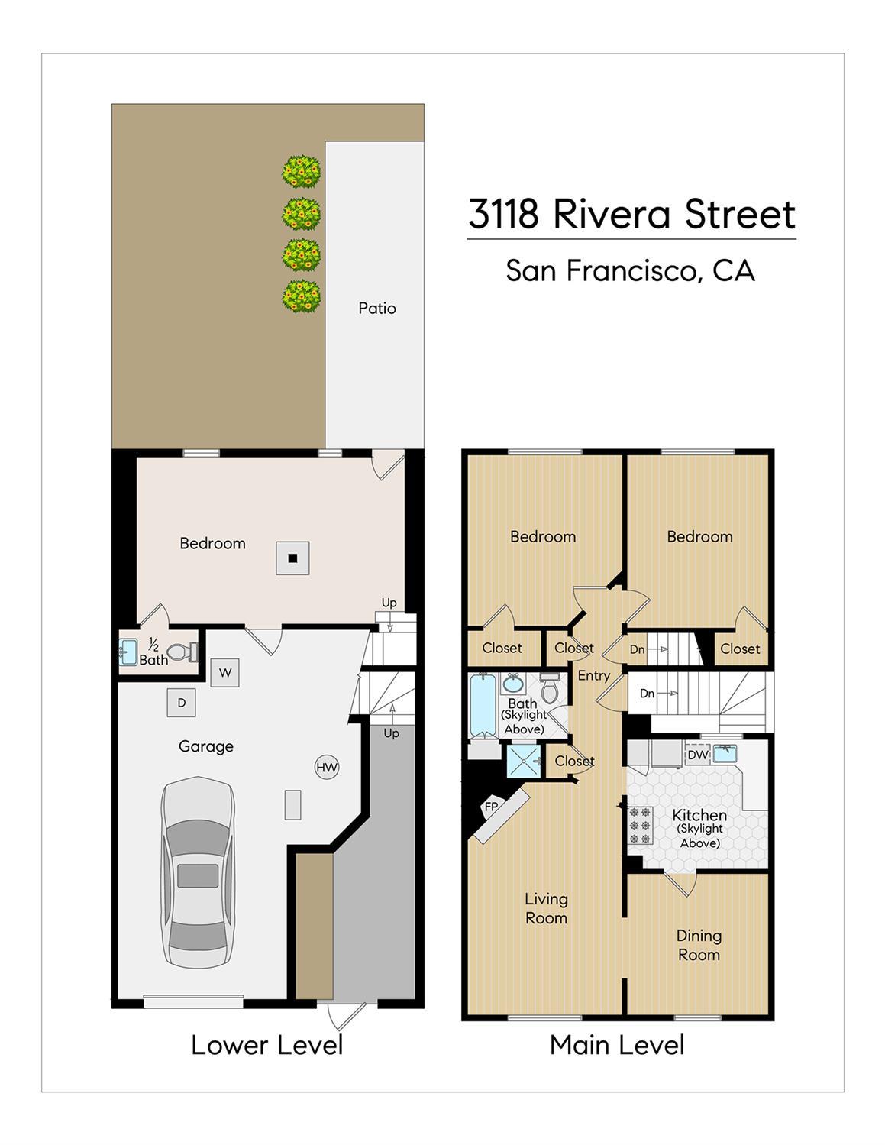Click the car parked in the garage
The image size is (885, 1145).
tap(198, 872)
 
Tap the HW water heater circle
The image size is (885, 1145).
tap(327, 768)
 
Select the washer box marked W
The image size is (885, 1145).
tap(225, 672)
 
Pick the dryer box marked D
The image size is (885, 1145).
tap(182, 703)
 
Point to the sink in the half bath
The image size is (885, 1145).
tap(128, 652)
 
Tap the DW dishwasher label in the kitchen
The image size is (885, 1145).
tap(698, 755)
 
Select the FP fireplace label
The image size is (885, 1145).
tap(491, 807)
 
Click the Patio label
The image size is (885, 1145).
tap(377, 309)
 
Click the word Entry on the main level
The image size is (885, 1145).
tap(593, 675)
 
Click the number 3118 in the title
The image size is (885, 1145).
tap(503, 214)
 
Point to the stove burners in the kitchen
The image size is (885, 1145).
tap(641, 826)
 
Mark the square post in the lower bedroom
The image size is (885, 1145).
tap(293, 558)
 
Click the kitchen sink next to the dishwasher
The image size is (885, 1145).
tap(725, 753)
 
